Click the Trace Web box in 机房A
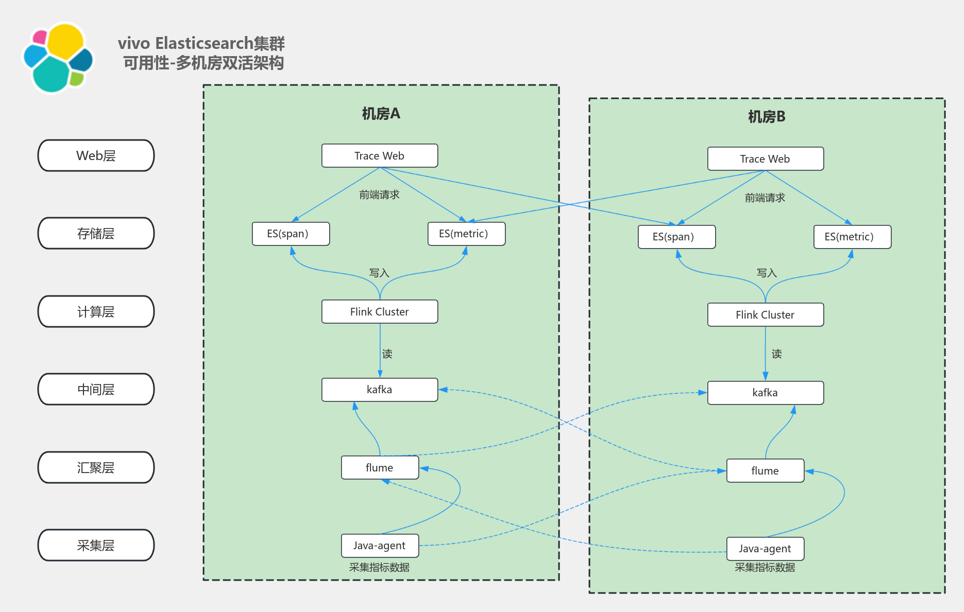coord(380,155)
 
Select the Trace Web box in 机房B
coord(765,159)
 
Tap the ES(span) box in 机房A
coord(291,234)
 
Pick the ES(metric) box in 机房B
coord(852,237)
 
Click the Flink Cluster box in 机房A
coord(380,311)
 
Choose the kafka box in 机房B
coord(765,393)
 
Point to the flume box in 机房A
coord(380,467)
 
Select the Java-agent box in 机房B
coord(765,549)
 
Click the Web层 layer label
coord(96,155)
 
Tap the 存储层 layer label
coord(96,233)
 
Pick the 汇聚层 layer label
coord(96,467)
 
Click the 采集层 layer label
coord(96,545)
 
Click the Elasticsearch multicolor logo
coord(58,58)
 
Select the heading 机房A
coord(381,114)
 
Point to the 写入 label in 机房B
coord(766,273)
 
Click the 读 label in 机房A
coord(387,354)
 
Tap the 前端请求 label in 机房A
coord(379,195)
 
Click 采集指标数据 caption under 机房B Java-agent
coord(765,567)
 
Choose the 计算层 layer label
coord(96,311)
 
